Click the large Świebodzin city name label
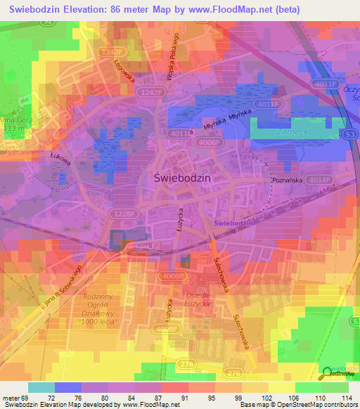[x=182, y=178]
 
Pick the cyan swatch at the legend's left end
[x=41, y=387]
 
